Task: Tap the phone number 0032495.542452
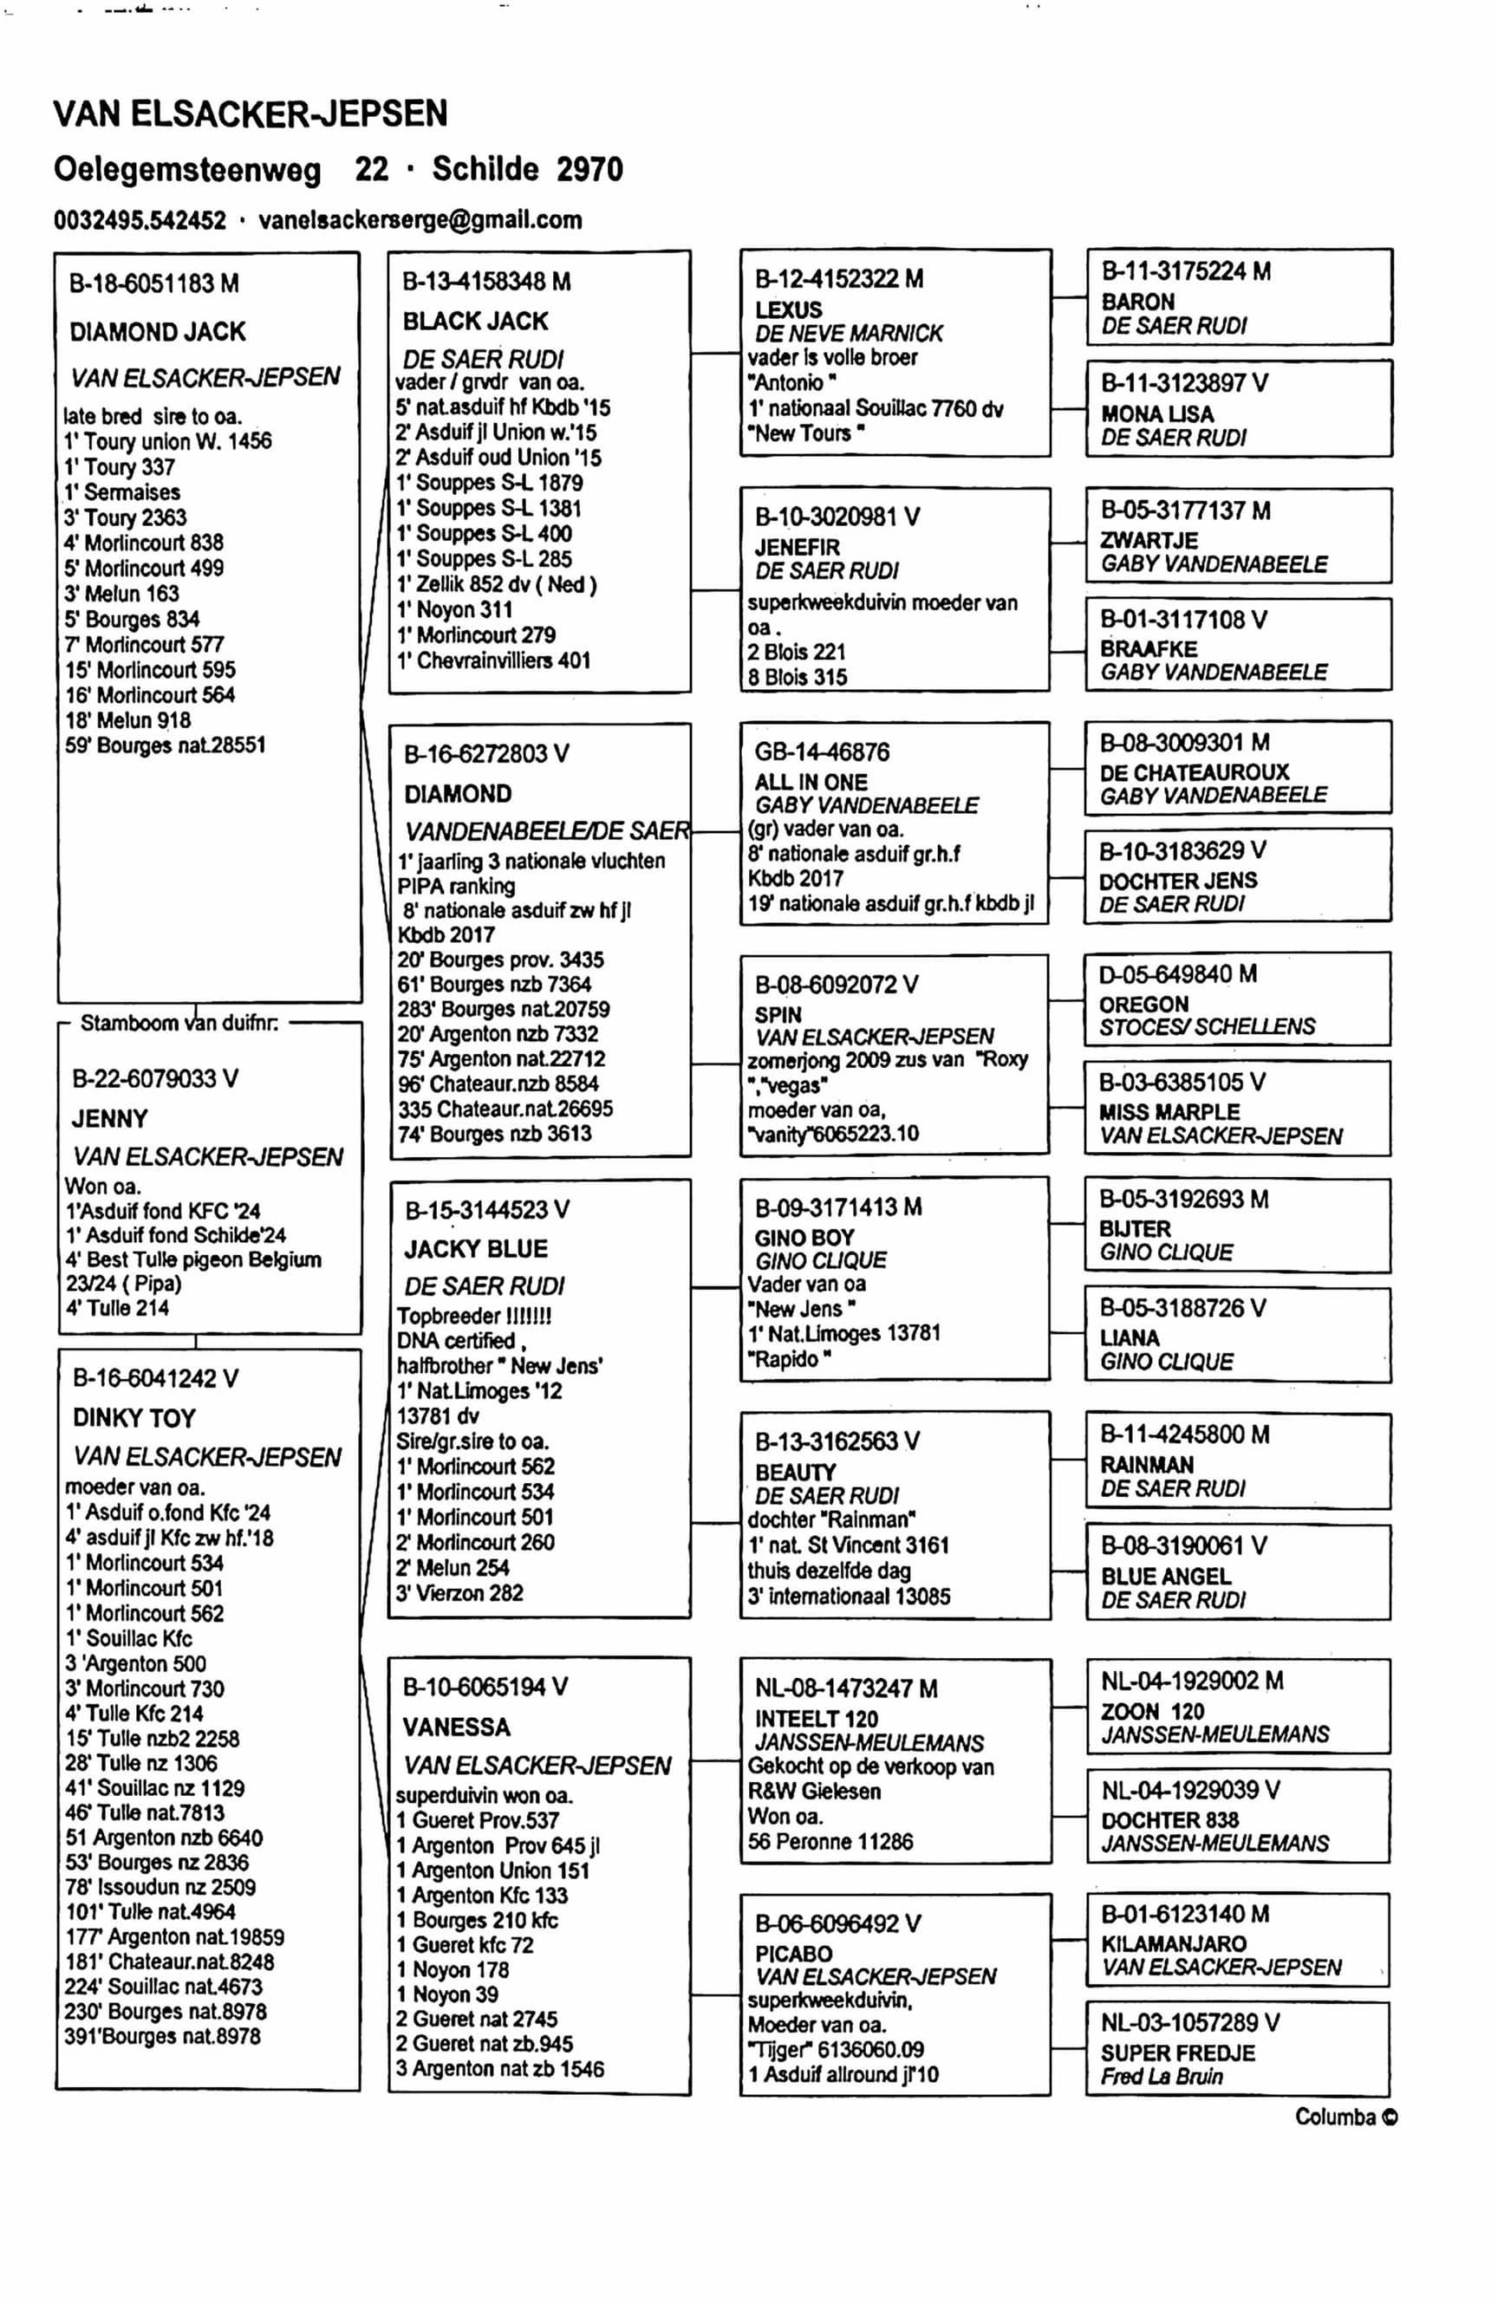[x=140, y=221]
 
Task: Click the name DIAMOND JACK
[x=158, y=332]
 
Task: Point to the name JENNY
[x=109, y=1119]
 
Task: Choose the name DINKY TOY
[x=133, y=1418]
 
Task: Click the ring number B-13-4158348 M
[x=486, y=282]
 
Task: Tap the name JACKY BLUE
[x=476, y=1248]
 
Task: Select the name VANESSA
[x=456, y=1727]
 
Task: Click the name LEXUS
[x=789, y=309]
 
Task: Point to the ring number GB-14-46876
[x=822, y=751]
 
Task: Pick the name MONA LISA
[x=1157, y=414]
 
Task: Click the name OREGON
[x=1143, y=1005]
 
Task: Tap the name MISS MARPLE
[x=1169, y=1112]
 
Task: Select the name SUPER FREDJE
[x=1177, y=2053]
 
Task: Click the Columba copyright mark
[x=1346, y=2118]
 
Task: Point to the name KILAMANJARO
[x=1174, y=1943]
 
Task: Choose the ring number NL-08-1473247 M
[x=846, y=1688]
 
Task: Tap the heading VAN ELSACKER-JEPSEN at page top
[x=250, y=114]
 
